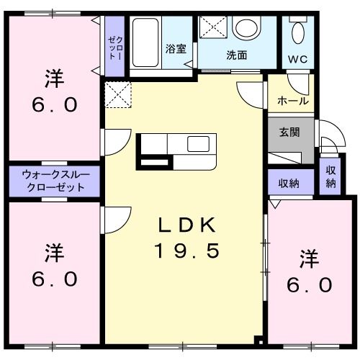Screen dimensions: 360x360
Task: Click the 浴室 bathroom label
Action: [176, 50]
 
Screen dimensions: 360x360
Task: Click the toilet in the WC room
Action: [297, 32]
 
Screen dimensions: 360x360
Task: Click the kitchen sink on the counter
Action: [198, 143]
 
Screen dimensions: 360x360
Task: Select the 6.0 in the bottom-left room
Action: [53, 279]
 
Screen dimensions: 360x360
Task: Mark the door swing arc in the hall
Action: [248, 92]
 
